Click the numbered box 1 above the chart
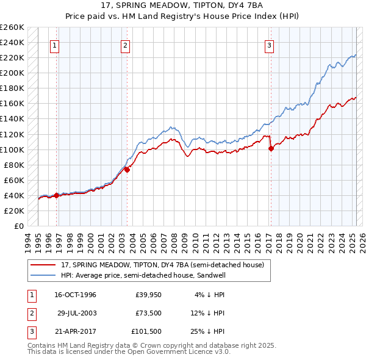click(x=55, y=45)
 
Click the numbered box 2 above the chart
click(x=125, y=45)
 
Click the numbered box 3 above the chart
click(x=269, y=45)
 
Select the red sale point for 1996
click(x=56, y=195)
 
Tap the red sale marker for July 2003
click(x=127, y=170)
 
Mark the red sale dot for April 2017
click(x=271, y=148)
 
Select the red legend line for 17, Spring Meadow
click(x=43, y=265)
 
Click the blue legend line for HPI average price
click(x=43, y=275)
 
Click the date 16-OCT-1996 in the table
click(x=75, y=295)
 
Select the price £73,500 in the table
click(x=148, y=313)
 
